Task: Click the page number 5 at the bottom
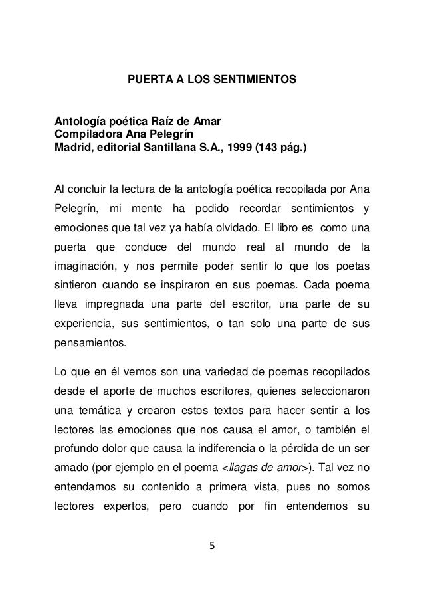tap(212, 565)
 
